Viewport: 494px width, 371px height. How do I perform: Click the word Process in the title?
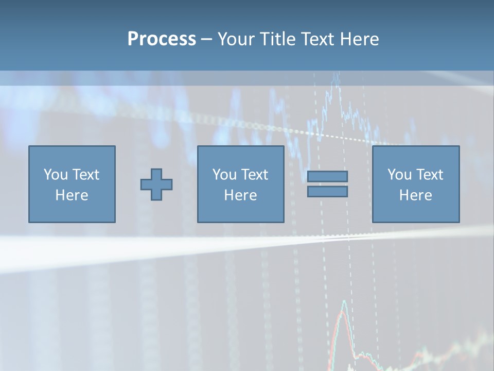(x=162, y=39)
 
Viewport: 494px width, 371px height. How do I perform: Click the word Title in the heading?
(x=275, y=39)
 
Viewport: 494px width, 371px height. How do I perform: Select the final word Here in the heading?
(x=359, y=39)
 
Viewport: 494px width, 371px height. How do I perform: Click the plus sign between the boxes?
(x=156, y=184)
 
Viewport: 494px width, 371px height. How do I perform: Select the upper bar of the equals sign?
(x=327, y=176)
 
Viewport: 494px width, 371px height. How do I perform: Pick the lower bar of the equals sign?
(x=327, y=191)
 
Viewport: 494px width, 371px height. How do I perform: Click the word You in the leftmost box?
(x=56, y=175)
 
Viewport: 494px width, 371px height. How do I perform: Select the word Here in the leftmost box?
(x=72, y=195)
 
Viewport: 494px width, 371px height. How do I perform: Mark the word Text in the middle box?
(x=254, y=175)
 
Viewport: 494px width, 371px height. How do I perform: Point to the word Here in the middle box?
(x=240, y=195)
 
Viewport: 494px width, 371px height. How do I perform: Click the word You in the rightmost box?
(x=399, y=175)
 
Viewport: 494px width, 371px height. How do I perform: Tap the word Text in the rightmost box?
(x=429, y=175)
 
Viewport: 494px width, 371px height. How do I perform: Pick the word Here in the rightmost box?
(x=415, y=195)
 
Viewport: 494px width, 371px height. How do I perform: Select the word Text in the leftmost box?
(x=85, y=175)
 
